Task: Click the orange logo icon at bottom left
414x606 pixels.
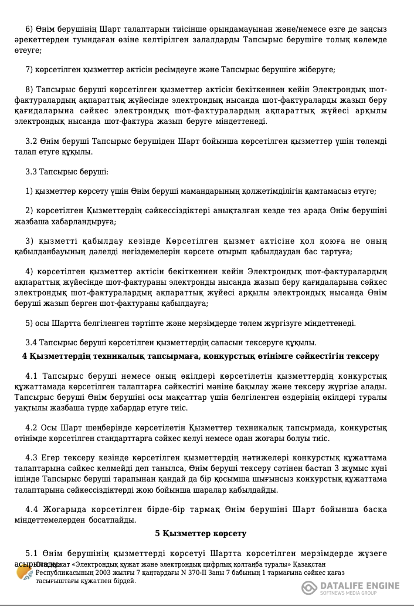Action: [x=25, y=573]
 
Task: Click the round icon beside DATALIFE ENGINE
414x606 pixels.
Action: [x=310, y=588]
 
